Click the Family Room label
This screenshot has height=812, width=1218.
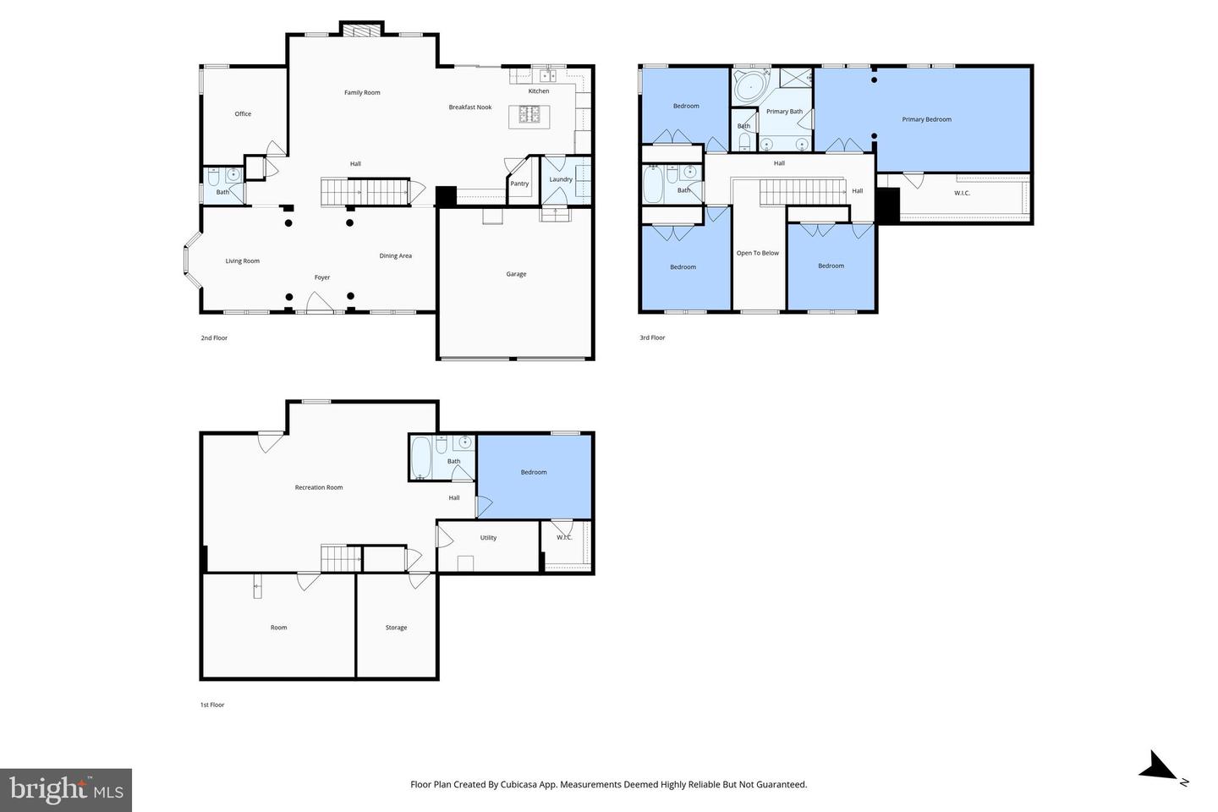click(362, 92)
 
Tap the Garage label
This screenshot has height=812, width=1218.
click(516, 274)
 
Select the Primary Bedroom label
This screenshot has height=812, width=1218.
click(926, 119)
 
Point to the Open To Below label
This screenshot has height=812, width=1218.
click(758, 253)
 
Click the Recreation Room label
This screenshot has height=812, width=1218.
click(319, 487)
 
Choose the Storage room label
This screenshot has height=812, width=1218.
click(396, 628)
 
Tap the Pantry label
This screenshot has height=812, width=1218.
click(519, 184)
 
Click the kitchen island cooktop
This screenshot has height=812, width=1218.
click(529, 114)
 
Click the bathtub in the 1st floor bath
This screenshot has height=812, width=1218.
click(420, 458)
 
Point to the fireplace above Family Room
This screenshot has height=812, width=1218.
click(362, 30)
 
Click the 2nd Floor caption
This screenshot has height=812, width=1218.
click(214, 337)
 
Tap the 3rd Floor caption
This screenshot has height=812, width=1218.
click(652, 337)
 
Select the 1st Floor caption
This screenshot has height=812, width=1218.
click(212, 705)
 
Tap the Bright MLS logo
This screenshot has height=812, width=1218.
click(66, 790)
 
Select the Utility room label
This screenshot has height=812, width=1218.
click(488, 538)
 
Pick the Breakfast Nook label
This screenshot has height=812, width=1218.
click(469, 107)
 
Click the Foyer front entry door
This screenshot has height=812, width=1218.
click(320, 304)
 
